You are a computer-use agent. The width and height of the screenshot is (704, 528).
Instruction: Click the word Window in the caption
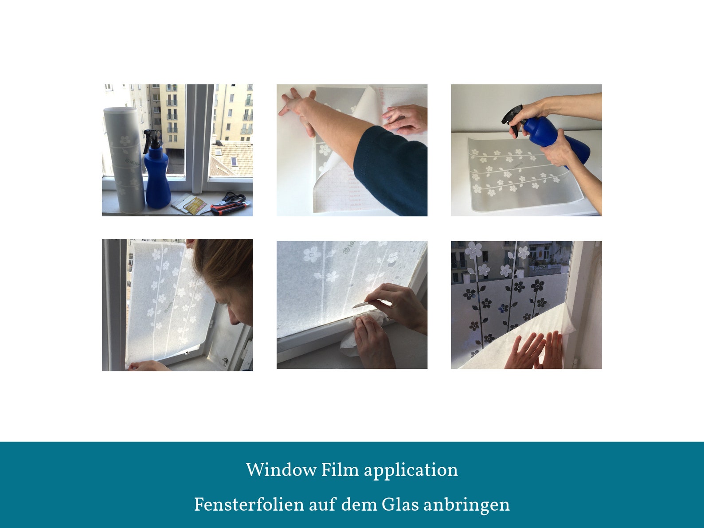coord(281,470)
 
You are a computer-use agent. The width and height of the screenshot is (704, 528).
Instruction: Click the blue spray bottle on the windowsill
coord(156,170)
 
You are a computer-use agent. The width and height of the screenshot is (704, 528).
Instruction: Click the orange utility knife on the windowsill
coord(230,208)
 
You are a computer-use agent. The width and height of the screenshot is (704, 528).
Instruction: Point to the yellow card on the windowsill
coord(195,206)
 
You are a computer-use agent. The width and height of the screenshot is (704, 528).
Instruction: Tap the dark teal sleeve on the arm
coord(392,170)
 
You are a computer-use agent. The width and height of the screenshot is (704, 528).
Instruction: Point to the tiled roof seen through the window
coord(231,158)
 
